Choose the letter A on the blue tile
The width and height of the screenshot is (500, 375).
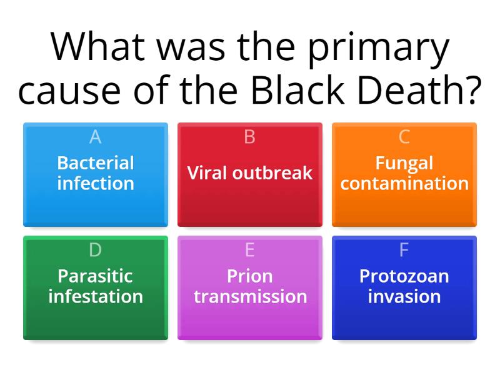point(96,137)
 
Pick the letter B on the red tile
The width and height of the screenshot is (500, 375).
point(250,137)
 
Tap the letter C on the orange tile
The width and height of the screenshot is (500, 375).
point(404,137)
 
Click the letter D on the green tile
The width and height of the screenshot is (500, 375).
point(96,250)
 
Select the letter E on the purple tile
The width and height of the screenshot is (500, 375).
point(250,250)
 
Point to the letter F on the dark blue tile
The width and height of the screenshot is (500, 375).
point(404,250)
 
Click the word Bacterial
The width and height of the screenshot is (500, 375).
point(96,163)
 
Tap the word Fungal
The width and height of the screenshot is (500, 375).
point(404,163)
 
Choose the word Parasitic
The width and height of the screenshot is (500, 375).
point(96,276)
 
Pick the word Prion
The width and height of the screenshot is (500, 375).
point(250,276)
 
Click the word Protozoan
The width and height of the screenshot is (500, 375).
point(404,276)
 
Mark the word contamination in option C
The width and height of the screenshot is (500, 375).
point(404,184)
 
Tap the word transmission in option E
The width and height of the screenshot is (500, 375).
point(250,296)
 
